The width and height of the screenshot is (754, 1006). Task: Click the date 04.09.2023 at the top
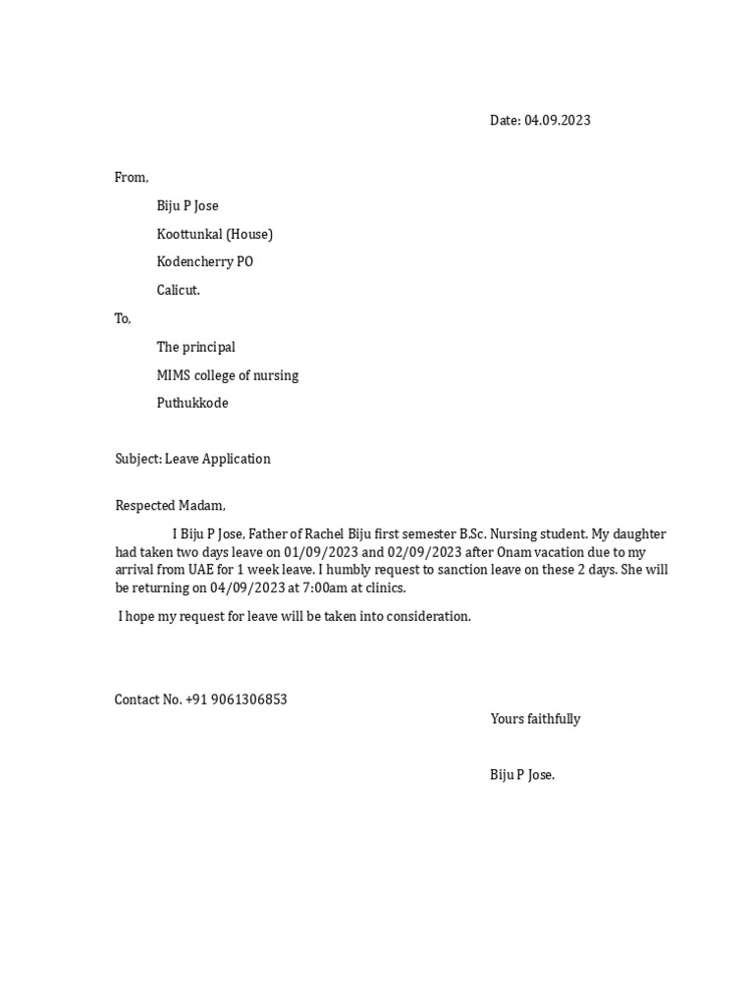tap(558, 121)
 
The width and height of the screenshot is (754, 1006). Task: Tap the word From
tap(131, 178)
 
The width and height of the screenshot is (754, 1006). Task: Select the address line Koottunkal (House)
tap(215, 234)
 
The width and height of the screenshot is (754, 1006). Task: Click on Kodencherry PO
tap(205, 262)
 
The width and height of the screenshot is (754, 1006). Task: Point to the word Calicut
tap(178, 291)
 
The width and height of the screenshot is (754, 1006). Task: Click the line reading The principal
tap(196, 347)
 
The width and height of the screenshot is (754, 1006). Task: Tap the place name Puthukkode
tap(192, 403)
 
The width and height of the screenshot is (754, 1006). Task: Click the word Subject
tap(137, 459)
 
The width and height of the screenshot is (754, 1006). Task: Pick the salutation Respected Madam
tap(170, 506)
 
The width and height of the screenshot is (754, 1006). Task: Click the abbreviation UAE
tap(204, 570)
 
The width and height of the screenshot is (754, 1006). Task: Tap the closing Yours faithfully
tap(535, 719)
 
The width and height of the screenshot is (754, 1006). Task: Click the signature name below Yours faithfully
tap(522, 775)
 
